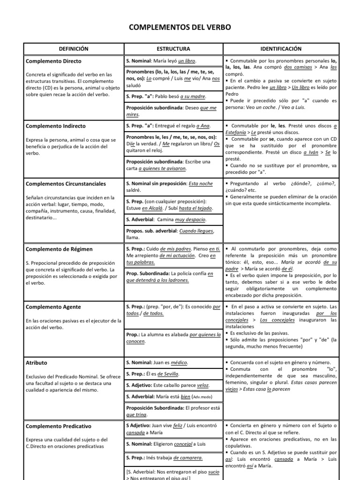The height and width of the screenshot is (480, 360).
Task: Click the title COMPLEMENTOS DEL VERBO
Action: pyautogui.click(x=180, y=28)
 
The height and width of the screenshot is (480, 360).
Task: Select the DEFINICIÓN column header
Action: pyautogui.click(x=73, y=49)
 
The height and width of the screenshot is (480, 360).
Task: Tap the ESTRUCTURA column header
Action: pyautogui.click(x=173, y=49)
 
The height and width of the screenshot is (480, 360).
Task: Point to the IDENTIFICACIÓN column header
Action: pyautogui.click(x=280, y=49)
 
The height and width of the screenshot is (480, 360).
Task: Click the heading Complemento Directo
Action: pyautogui.click(x=53, y=61)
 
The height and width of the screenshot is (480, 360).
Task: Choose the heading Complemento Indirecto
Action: pyautogui.click(x=56, y=126)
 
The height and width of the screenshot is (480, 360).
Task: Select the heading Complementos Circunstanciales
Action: pyautogui.click(x=66, y=184)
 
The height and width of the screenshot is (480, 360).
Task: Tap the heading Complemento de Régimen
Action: pyautogui.click(x=59, y=249)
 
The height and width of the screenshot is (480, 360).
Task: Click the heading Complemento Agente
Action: pyautogui.click(x=53, y=307)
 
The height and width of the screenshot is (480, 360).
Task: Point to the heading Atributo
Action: pyautogui.click(x=37, y=363)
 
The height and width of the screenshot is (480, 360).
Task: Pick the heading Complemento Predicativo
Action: pyautogui.click(x=59, y=427)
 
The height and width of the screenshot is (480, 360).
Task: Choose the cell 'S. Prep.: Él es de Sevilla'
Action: pyautogui.click(x=153, y=374)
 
